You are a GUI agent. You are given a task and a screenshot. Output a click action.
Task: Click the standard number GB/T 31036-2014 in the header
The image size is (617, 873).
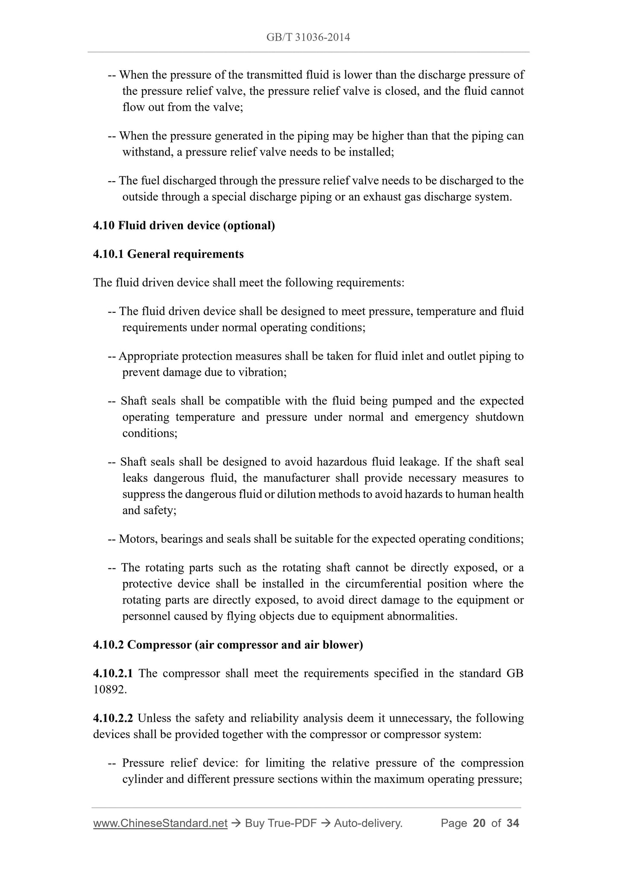pos(308,38)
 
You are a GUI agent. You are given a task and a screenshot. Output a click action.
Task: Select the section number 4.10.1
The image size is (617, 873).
pos(108,254)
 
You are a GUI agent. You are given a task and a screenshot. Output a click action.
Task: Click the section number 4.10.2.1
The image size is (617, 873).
pos(113,674)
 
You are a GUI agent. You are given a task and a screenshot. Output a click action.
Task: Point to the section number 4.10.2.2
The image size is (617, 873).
pos(113,718)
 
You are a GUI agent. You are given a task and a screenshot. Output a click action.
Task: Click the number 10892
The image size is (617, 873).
pos(110,690)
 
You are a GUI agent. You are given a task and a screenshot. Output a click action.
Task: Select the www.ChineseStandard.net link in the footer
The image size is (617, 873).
pos(160,823)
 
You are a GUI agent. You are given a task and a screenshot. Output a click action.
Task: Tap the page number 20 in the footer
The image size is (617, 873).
pos(479,823)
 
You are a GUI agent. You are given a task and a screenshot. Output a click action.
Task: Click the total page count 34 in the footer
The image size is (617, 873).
pos(512,823)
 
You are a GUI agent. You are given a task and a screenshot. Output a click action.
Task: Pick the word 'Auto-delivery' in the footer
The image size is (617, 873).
pos(368,823)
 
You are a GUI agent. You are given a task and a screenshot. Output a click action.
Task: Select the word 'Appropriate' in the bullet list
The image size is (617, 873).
pos(148,356)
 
